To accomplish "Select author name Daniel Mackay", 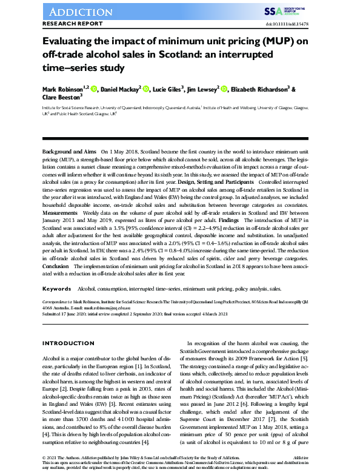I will (121, 90).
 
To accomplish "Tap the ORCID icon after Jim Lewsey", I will (224, 90).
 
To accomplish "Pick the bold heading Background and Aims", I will (69, 150).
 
